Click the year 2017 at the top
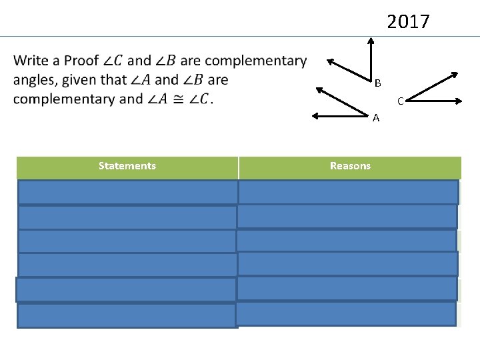coord(409,22)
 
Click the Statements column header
coord(127,166)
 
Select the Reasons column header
coord(350,166)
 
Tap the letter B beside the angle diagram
coord(377,83)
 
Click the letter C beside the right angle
coord(400,101)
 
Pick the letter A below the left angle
coord(376,118)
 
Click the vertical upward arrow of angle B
coord(370,57)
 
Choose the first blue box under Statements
coord(127,192)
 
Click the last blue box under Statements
coord(127,316)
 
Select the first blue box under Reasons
coord(348,192)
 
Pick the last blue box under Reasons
coord(346,313)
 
